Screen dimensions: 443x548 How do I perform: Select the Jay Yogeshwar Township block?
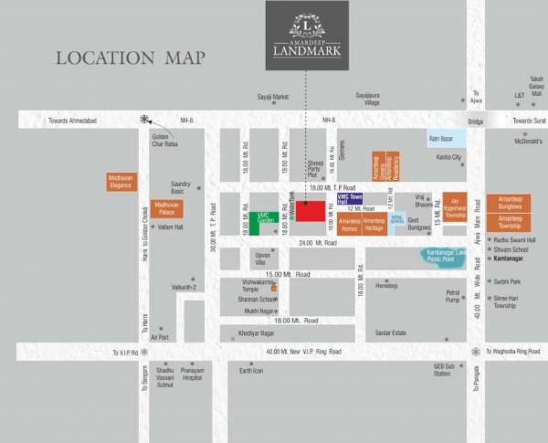click(x=455, y=207)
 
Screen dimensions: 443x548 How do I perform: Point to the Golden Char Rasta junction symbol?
click(x=144, y=119)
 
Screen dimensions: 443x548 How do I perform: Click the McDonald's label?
click(x=528, y=142)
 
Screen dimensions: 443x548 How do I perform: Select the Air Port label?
click(x=160, y=336)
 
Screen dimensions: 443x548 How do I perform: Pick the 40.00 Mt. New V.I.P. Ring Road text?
click(x=306, y=352)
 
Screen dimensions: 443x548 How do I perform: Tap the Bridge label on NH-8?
click(x=475, y=121)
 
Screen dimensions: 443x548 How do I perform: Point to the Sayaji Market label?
click(x=272, y=95)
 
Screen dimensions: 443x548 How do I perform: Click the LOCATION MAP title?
click(x=130, y=58)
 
